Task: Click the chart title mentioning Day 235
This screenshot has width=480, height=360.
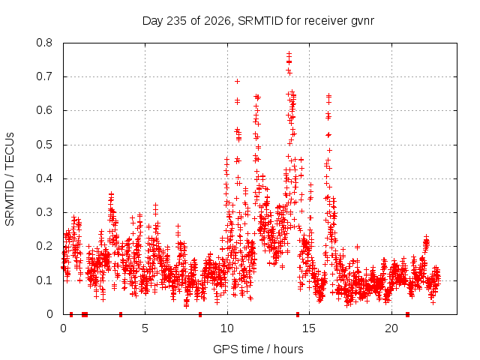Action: pos(258,21)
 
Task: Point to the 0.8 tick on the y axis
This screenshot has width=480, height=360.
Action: pos(44,43)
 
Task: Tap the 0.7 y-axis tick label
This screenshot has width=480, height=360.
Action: pos(44,76)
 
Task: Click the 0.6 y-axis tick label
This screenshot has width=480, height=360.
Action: pos(44,110)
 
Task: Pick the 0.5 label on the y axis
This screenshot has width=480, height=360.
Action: pos(44,145)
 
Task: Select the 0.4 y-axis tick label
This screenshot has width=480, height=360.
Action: pos(44,178)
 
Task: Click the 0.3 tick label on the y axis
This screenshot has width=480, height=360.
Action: pos(44,212)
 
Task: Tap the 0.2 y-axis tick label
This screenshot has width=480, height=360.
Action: pos(44,246)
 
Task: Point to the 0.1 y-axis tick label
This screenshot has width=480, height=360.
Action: pos(44,280)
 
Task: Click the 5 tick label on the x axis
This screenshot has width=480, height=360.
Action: pos(145,328)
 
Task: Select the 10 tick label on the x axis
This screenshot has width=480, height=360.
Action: pos(227,328)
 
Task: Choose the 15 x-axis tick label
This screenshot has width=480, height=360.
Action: pos(309,328)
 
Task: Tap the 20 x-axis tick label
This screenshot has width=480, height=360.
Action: pos(391,328)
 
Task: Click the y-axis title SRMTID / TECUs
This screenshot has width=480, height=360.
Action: pos(10,179)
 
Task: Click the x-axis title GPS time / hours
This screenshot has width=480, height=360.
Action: pos(258,349)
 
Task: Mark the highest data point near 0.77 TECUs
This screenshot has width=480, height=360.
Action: pos(289,53)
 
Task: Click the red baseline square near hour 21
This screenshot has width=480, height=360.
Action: pos(407,314)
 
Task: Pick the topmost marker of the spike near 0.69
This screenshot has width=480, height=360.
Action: pos(237,81)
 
